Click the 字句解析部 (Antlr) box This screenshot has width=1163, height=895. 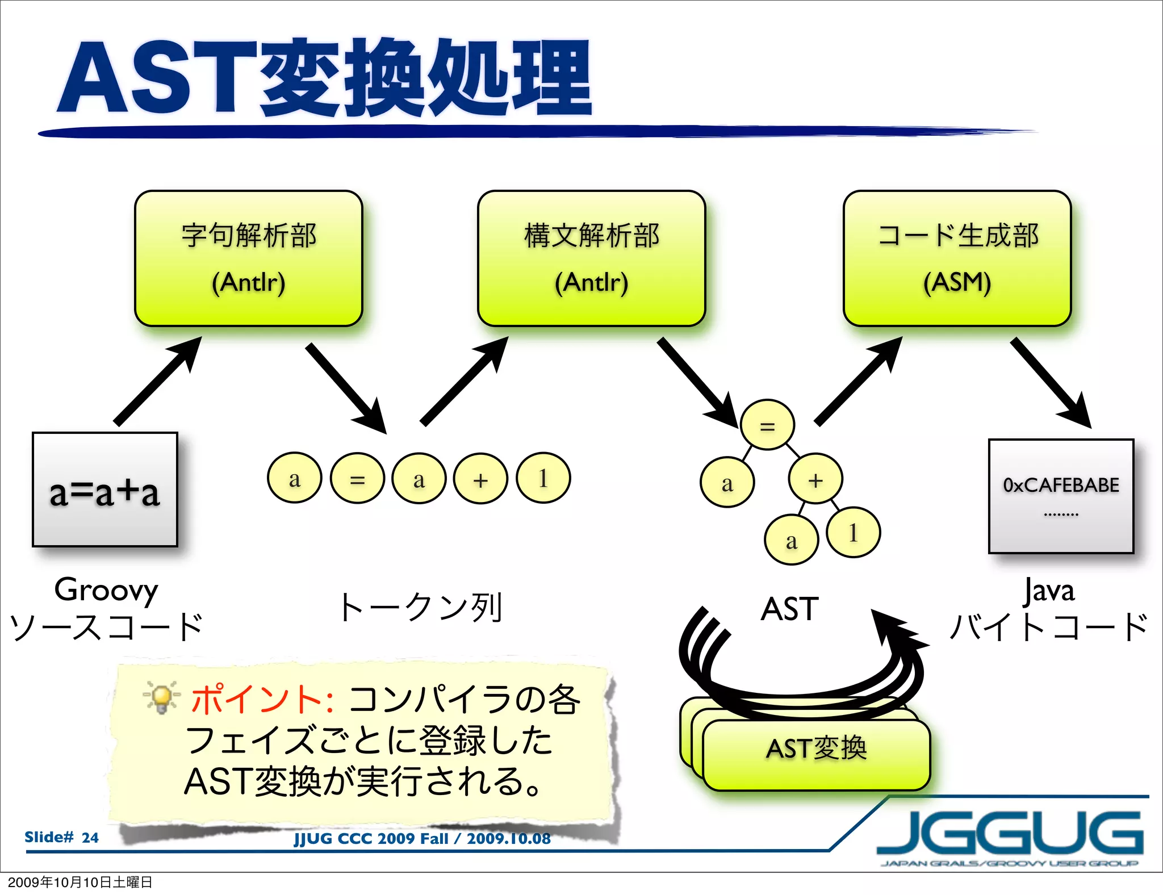[248, 258]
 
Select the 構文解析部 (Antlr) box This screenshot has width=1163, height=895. [591, 258]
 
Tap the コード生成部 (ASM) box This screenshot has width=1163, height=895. [957, 258]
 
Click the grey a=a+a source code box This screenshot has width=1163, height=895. [105, 490]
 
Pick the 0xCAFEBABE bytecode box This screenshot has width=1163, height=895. [1061, 496]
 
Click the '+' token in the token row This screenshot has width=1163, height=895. [480, 478]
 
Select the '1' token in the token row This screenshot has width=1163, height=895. [543, 478]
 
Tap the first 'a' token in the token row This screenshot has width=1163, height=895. [294, 478]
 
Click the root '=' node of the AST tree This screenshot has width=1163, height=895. [767, 425]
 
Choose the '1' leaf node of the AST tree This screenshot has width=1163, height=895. [853, 532]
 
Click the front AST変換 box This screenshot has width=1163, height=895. [816, 754]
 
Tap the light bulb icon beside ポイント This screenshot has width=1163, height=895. [161, 697]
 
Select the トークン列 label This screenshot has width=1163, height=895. [420, 607]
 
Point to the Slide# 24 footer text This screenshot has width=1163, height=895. [61, 837]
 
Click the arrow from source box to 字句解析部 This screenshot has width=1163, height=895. [158, 380]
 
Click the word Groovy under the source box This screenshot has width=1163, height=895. [106, 589]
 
